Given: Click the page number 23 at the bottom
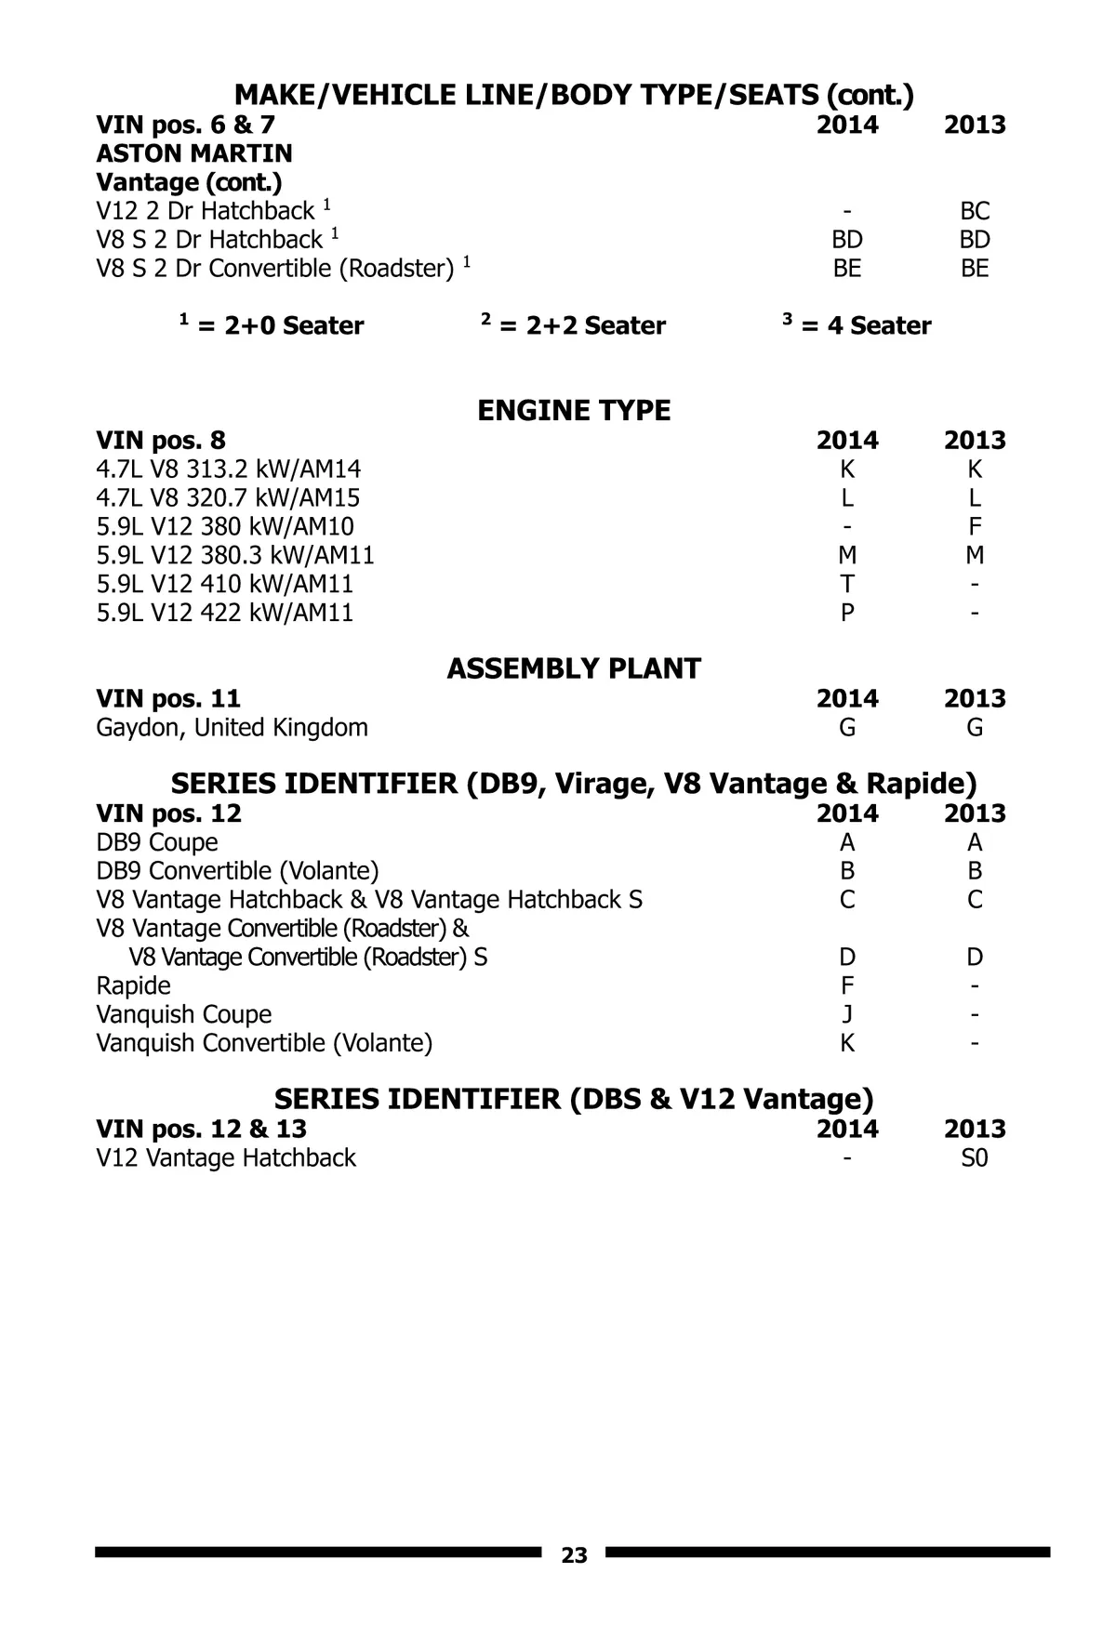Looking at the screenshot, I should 574,1555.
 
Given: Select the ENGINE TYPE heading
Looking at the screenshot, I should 574,411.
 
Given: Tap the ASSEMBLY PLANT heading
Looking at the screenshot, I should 574,669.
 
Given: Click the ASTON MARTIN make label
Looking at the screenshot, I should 194,153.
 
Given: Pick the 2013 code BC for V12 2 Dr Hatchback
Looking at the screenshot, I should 975,211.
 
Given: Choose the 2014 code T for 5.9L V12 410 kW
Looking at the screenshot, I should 846,584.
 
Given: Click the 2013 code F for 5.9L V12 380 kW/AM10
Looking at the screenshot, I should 975,527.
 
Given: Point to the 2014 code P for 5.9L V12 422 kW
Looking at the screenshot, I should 846,613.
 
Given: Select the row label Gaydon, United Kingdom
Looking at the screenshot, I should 232,727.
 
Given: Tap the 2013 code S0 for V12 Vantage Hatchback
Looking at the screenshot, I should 975,1158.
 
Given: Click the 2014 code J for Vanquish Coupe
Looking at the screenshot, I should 846,1014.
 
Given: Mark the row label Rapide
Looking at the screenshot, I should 134,985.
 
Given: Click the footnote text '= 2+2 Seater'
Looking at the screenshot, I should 582,326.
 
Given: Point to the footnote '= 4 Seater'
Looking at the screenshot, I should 866,326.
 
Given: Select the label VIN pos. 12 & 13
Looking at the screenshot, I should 202,1129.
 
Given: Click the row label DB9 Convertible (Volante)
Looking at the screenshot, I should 238,871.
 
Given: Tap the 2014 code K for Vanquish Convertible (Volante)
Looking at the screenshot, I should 846,1043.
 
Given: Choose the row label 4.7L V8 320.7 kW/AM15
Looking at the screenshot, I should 229,498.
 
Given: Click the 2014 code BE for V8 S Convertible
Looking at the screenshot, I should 846,269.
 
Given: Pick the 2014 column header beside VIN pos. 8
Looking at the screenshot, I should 846,441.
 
